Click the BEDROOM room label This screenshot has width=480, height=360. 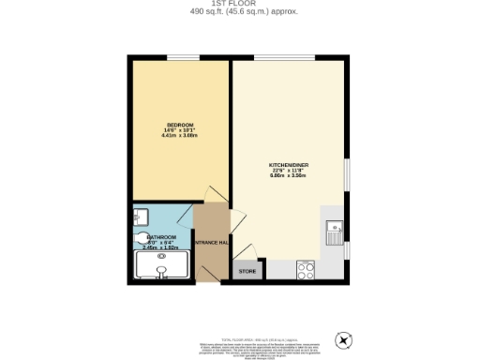179,125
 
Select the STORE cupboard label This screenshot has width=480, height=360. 247,271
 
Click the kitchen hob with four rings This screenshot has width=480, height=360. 306,270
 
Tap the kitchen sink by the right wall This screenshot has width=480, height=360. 336,230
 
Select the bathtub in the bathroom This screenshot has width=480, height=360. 162,269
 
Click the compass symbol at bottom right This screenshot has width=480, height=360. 344,339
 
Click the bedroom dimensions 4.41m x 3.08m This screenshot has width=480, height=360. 179,137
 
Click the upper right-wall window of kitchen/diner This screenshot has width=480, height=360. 349,173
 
